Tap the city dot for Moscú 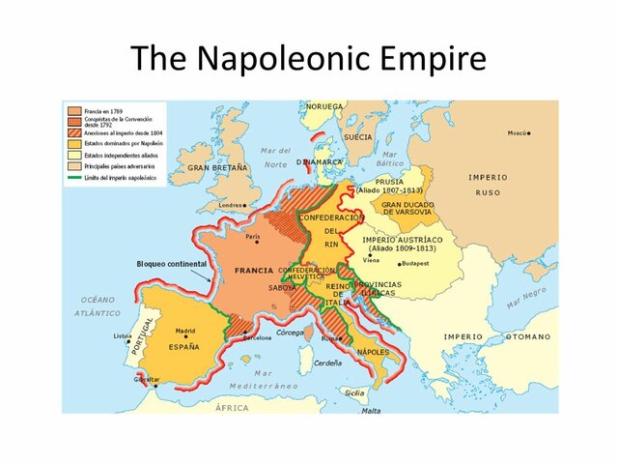click(530, 133)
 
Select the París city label click(254, 236)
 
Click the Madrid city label click(185, 331)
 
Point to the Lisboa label click(123, 335)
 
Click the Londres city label click(230, 205)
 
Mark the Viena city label click(371, 261)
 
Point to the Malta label click(371, 410)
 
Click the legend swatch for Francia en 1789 click(73, 109)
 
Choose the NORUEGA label click(324, 106)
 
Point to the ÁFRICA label click(232, 408)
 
